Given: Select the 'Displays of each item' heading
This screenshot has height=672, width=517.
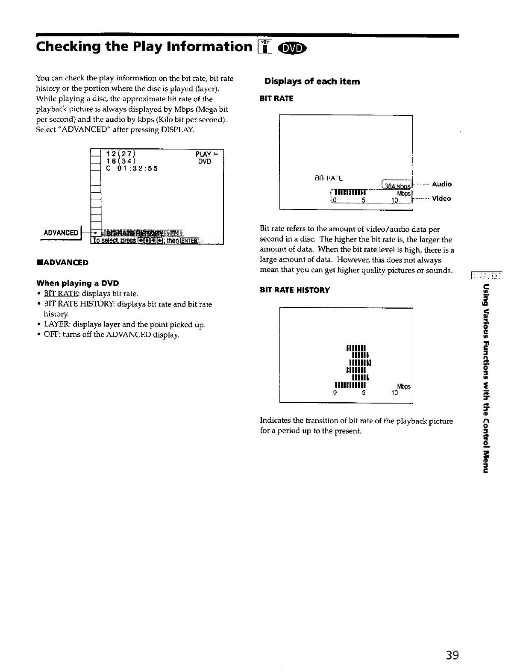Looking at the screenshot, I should click(312, 81).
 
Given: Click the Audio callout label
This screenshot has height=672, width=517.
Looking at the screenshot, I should click(442, 184).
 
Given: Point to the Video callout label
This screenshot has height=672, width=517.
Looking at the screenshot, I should click(441, 199).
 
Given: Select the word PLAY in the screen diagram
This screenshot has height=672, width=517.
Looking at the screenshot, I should click(203, 154).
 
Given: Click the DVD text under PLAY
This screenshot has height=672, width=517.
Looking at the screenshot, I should click(204, 162).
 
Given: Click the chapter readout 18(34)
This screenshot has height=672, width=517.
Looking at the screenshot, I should click(121, 161).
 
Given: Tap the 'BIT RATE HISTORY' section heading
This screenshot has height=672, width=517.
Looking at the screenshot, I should click(295, 290).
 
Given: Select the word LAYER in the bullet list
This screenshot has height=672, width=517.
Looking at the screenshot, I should click(55, 325).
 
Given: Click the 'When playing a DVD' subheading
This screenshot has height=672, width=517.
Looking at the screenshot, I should click(78, 283).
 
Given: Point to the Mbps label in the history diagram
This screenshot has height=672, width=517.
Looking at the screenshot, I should click(404, 386).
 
